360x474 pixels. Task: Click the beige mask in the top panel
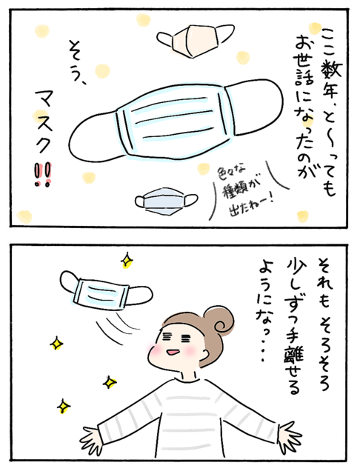click(195, 40)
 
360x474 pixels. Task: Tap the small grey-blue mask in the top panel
click(166, 201)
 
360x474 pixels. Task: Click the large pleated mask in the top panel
click(176, 121)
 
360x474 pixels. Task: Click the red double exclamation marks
click(43, 175)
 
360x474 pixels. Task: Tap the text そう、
click(77, 62)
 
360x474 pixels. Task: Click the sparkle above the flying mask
click(127, 260)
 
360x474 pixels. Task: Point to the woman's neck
click(189, 375)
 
